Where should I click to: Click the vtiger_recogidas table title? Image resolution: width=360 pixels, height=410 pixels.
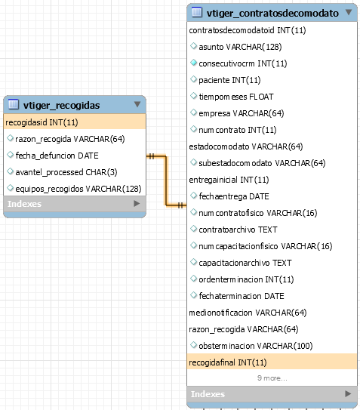tap(61, 105)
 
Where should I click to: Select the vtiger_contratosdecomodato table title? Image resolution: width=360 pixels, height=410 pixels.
tap(272, 13)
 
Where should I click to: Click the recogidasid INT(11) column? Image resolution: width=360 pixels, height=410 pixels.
tap(42, 122)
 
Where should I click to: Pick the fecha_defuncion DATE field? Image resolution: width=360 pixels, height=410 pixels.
tap(57, 156)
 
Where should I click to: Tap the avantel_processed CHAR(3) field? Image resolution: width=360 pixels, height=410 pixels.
tap(66, 172)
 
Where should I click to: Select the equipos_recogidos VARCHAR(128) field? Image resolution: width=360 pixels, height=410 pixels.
tap(78, 189)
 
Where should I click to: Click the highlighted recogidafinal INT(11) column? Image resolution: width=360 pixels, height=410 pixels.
tap(228, 362)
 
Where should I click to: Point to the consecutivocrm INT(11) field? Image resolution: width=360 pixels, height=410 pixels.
tap(243, 63)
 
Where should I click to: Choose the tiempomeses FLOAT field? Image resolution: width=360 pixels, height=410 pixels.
tap(236, 97)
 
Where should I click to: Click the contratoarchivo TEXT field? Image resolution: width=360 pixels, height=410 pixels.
tap(238, 230)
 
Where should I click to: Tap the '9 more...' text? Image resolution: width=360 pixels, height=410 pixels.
tap(272, 378)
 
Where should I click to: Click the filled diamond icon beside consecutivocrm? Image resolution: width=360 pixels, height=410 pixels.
tap(193, 63)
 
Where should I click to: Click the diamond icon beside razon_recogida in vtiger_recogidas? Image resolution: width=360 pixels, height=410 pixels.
tap(11, 138)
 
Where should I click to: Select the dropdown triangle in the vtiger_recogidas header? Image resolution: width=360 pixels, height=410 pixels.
tap(137, 104)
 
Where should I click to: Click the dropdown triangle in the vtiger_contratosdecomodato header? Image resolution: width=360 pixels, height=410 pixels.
tap(349, 12)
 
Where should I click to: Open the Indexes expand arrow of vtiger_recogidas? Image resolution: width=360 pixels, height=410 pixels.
tap(137, 203)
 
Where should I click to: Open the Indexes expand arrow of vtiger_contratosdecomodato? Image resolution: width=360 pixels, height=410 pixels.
tap(348, 393)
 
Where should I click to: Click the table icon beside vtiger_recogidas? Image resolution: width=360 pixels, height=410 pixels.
tap(14, 104)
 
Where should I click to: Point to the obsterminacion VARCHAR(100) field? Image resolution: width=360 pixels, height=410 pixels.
tap(256, 346)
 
